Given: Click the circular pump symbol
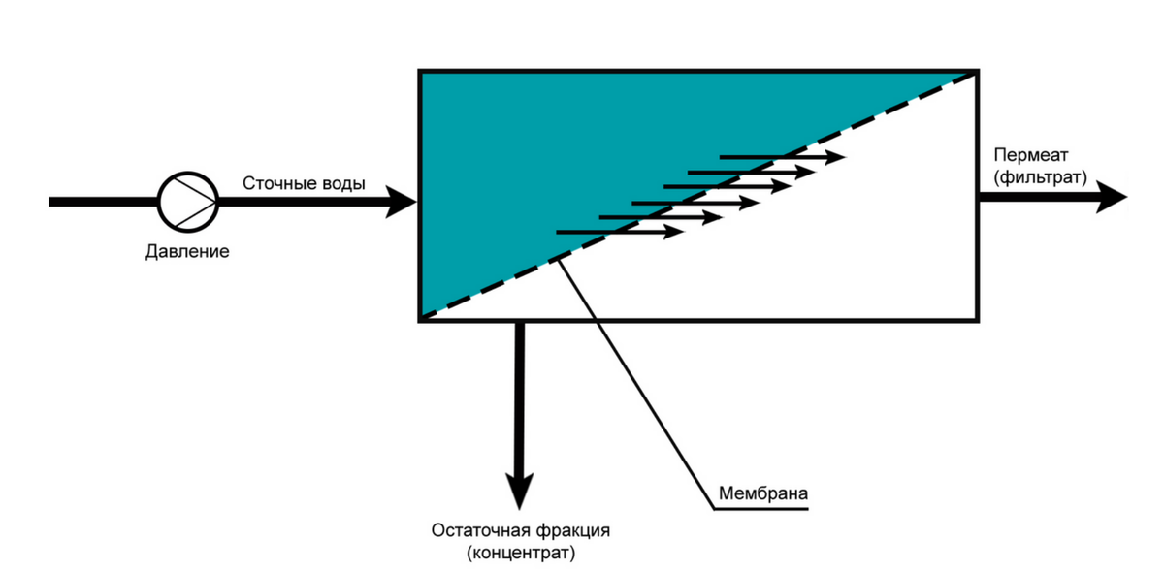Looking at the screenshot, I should [x=188, y=202].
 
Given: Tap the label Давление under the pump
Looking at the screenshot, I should [x=187, y=253].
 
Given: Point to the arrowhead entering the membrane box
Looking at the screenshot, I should [x=402, y=202].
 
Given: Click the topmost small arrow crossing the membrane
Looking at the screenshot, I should [x=781, y=156].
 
